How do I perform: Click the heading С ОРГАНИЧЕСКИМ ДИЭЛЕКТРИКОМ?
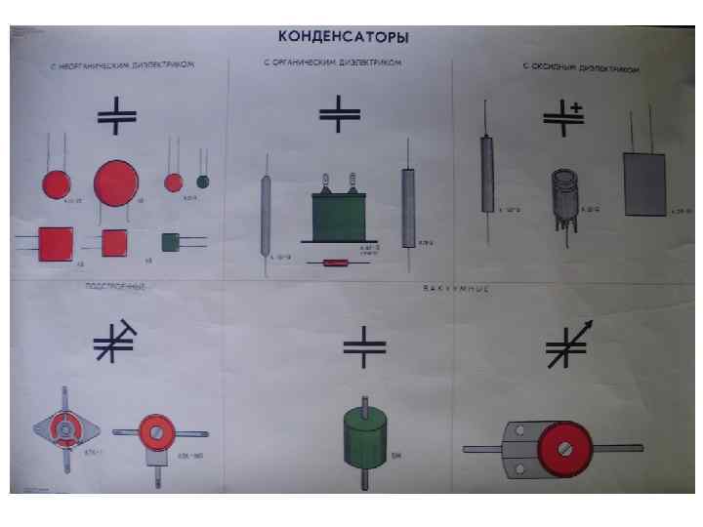coord(331,63)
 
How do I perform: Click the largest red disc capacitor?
coord(115,182)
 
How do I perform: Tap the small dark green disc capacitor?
coord(203,182)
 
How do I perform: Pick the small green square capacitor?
coord(170,241)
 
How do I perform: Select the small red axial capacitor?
coord(336,262)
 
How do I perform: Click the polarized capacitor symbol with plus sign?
coord(563,115)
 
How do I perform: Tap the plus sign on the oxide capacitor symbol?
coord(576,105)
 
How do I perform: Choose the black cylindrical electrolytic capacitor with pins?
coord(564,192)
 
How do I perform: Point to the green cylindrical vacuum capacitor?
coord(364,437)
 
